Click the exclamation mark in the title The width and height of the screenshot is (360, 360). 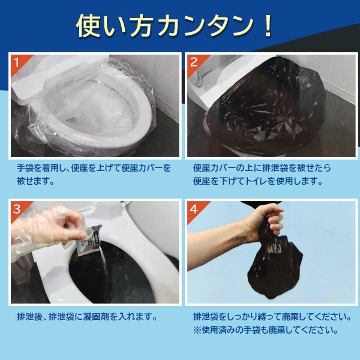point(268,26)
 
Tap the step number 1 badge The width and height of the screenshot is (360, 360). point(19,63)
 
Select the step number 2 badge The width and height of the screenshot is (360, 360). point(195,63)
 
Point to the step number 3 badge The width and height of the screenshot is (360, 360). point(19,209)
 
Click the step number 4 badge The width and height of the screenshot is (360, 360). point(195,209)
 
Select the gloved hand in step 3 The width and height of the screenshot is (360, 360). point(48,227)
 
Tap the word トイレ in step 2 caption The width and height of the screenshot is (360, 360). point(256,181)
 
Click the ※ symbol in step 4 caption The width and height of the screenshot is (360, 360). point(197,330)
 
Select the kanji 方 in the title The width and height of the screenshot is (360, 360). point(141,26)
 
